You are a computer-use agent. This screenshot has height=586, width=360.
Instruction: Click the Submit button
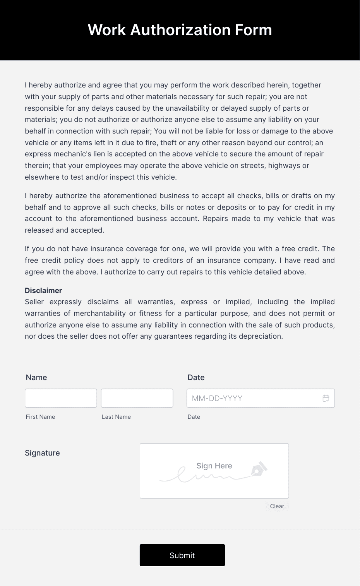pyautogui.click(x=182, y=555)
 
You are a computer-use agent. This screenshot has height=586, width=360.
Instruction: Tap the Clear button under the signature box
pyautogui.click(x=277, y=506)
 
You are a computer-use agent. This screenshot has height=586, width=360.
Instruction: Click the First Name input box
pyautogui.click(x=61, y=398)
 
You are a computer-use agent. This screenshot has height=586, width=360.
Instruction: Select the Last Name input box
pyautogui.click(x=137, y=398)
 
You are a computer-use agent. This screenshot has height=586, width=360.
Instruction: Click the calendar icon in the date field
pyautogui.click(x=326, y=398)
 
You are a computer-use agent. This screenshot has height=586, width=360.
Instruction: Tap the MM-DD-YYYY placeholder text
pyautogui.click(x=217, y=398)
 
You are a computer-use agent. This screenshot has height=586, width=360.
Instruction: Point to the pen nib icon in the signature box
pyautogui.click(x=259, y=469)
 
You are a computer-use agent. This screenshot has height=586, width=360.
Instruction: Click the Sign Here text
pyautogui.click(x=214, y=466)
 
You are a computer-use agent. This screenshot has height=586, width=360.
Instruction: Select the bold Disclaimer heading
pyautogui.click(x=43, y=290)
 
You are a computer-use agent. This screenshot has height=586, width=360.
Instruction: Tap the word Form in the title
pyautogui.click(x=254, y=30)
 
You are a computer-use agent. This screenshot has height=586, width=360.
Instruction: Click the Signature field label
pyautogui.click(x=42, y=453)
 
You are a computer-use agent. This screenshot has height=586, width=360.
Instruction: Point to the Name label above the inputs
pyautogui.click(x=36, y=377)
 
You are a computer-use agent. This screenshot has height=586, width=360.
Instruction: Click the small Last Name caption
pyautogui.click(x=116, y=417)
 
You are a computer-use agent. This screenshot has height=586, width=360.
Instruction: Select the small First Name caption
pyautogui.click(x=40, y=417)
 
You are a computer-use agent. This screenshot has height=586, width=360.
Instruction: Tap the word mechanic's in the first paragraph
pyautogui.click(x=72, y=154)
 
